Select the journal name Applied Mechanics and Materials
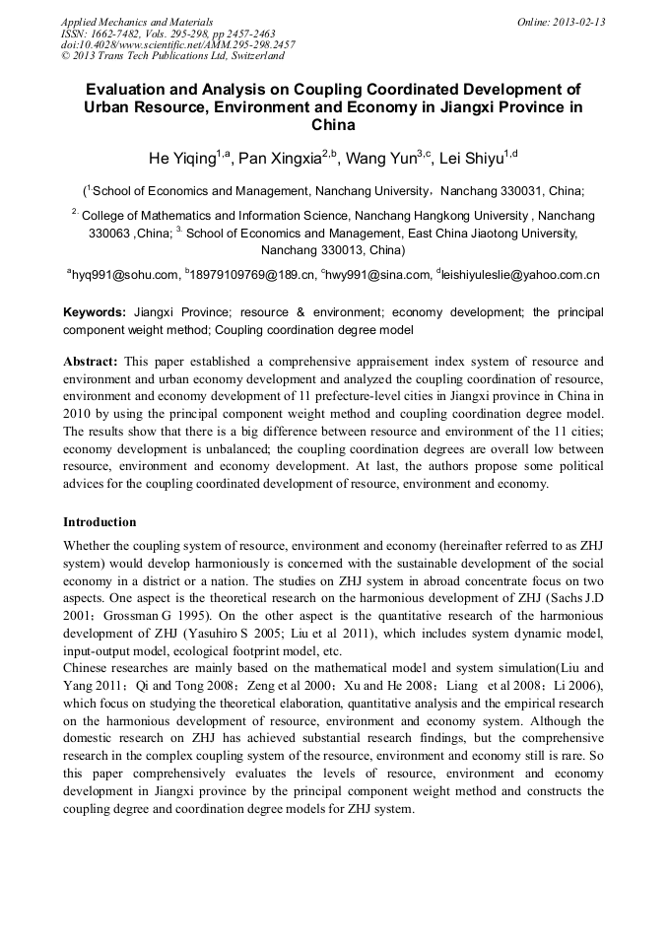pos(137,22)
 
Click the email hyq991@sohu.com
pos(124,275)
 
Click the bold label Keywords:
pos(95,312)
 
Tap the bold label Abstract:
pos(91,362)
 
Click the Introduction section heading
pos(100,522)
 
